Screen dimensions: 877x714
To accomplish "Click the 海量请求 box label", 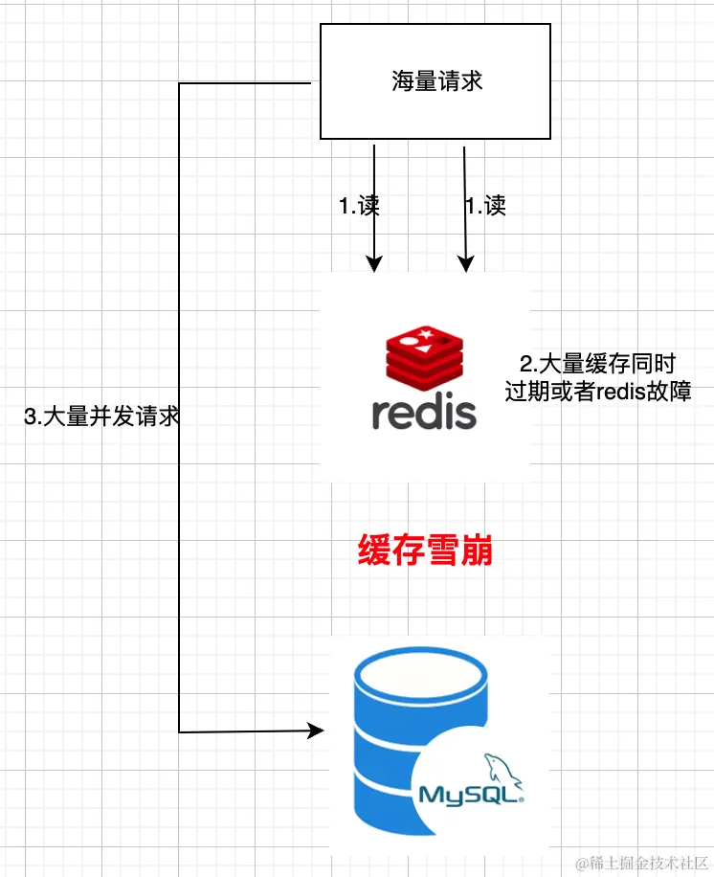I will (x=436, y=81).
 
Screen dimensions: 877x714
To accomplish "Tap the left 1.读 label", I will (x=359, y=206).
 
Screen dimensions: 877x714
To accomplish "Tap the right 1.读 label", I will (x=485, y=206).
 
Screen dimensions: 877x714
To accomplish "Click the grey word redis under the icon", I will (x=424, y=413).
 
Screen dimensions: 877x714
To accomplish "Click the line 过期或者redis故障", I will (x=598, y=392).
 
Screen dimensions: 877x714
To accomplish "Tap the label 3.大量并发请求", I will (x=101, y=417).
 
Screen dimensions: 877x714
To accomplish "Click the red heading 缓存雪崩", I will (x=425, y=552).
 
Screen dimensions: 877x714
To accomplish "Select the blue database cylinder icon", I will (x=402, y=737).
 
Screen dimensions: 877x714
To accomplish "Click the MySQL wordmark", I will (x=469, y=794).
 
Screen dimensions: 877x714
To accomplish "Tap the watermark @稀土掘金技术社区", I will (x=639, y=862).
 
